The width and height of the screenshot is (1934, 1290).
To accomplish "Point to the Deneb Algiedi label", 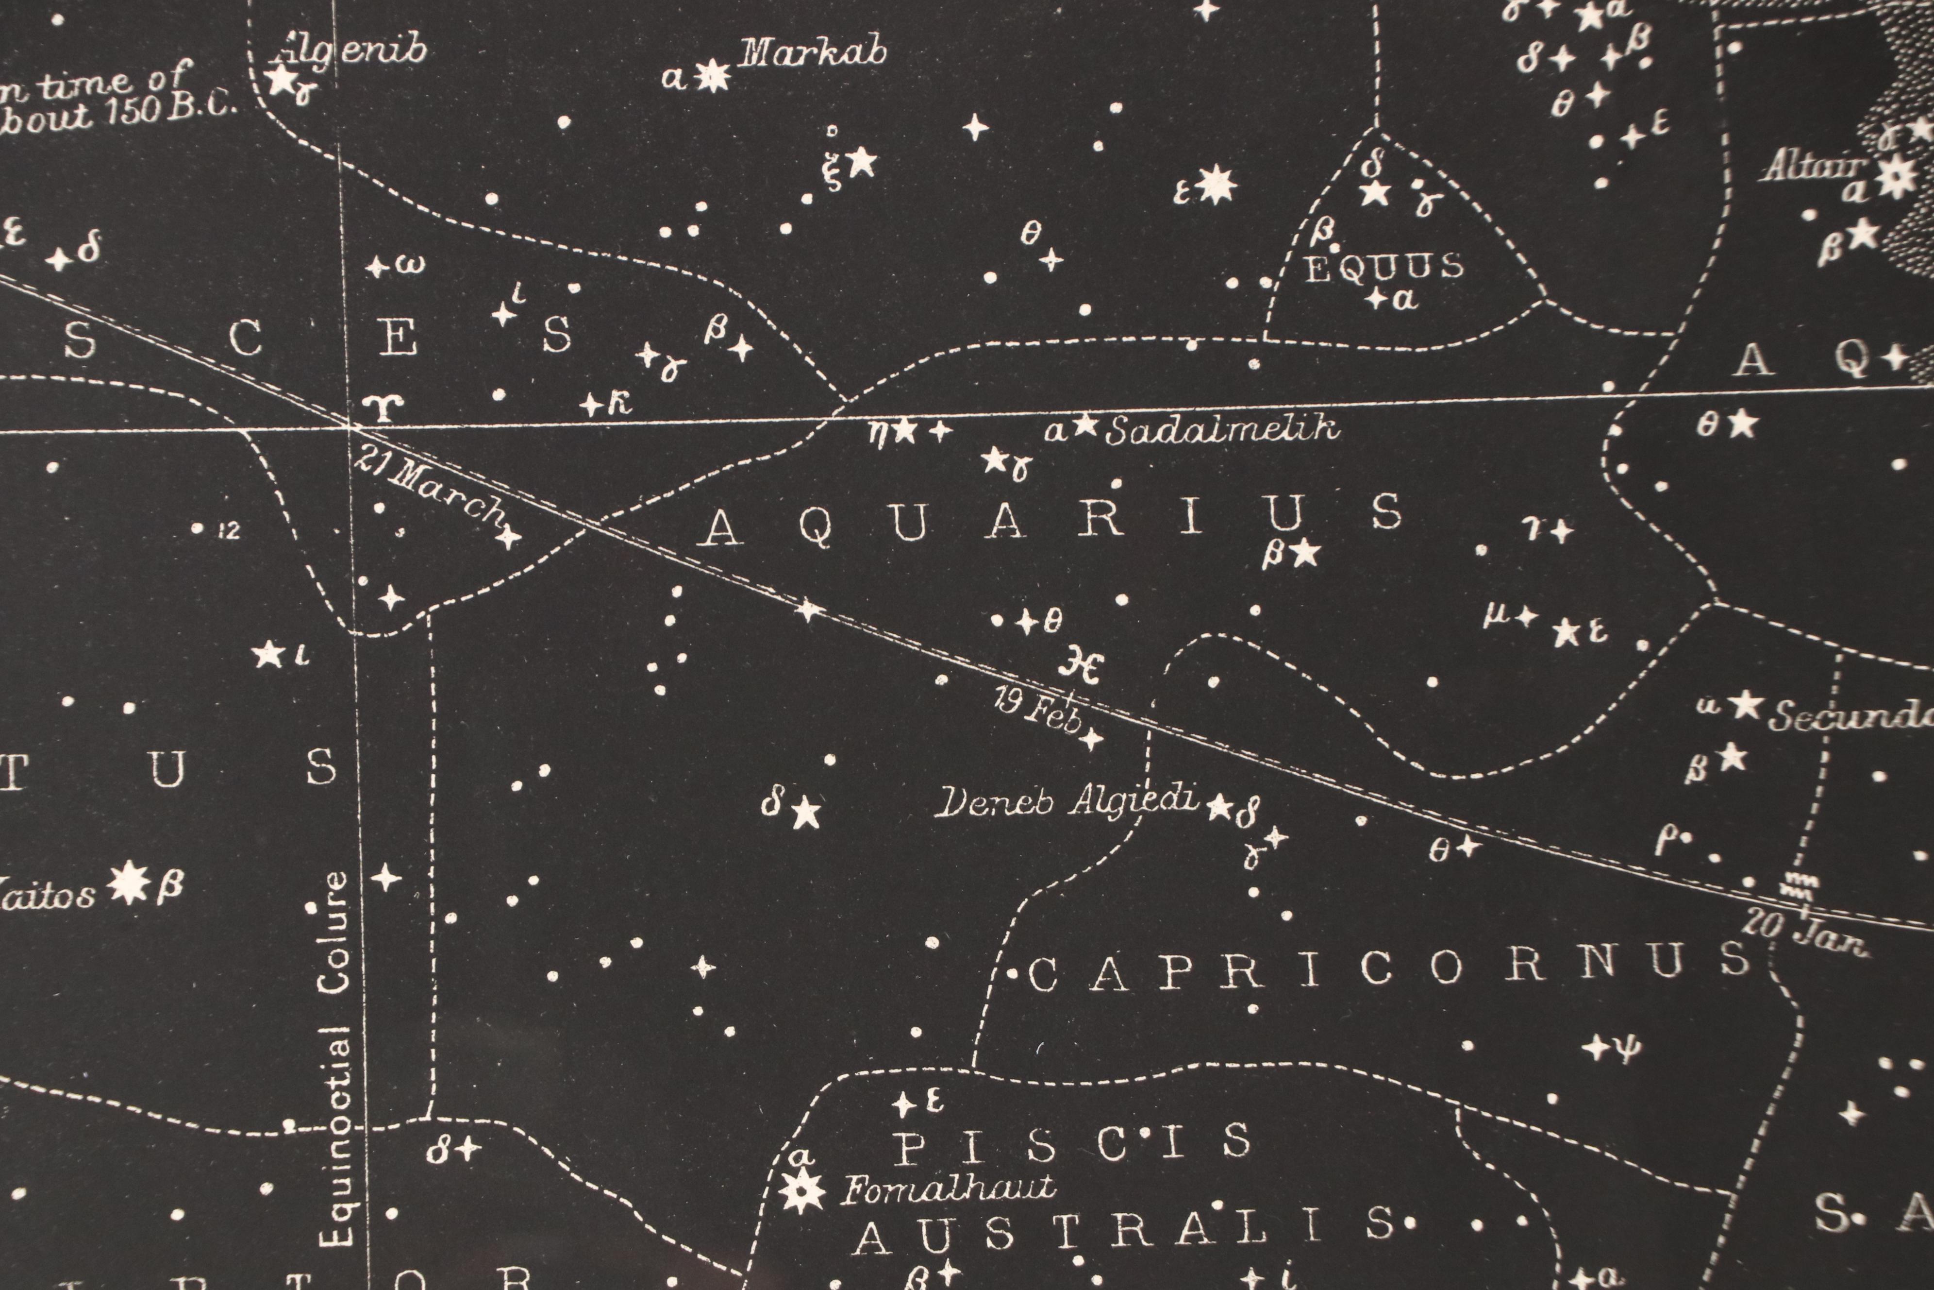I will (1067, 802).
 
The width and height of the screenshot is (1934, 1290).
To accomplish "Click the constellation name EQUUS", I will (1384, 267).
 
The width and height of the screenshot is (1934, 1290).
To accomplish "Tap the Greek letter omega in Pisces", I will (411, 265).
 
